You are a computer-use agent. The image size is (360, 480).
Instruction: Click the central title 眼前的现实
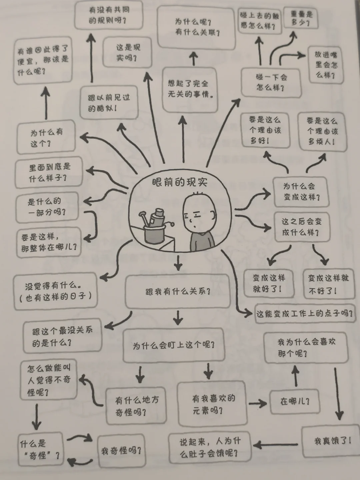click(x=179, y=182)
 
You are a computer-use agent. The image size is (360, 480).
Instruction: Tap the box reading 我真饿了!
click(x=332, y=441)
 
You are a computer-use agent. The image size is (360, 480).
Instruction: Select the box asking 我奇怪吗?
click(x=121, y=451)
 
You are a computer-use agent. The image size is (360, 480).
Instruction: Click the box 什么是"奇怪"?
click(x=40, y=449)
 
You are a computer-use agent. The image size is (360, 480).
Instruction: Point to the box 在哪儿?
click(x=295, y=402)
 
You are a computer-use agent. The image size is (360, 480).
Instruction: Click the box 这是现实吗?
click(x=127, y=53)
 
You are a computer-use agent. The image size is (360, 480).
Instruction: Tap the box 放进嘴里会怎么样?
click(x=326, y=65)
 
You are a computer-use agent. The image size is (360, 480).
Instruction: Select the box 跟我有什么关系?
click(x=177, y=292)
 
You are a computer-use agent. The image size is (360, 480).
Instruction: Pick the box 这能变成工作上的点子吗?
click(x=304, y=314)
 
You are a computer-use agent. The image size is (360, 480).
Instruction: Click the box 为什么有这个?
click(x=46, y=137)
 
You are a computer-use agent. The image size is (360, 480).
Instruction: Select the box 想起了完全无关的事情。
click(x=189, y=89)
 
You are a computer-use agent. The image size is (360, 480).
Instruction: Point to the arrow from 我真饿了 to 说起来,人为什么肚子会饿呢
click(x=276, y=444)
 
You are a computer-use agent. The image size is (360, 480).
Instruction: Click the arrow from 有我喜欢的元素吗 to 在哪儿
click(x=258, y=404)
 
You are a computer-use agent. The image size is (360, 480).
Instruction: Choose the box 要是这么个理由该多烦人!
click(x=322, y=131)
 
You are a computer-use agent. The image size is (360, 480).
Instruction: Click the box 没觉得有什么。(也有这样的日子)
click(x=55, y=291)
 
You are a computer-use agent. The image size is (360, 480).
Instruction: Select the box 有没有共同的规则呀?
click(x=108, y=15)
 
